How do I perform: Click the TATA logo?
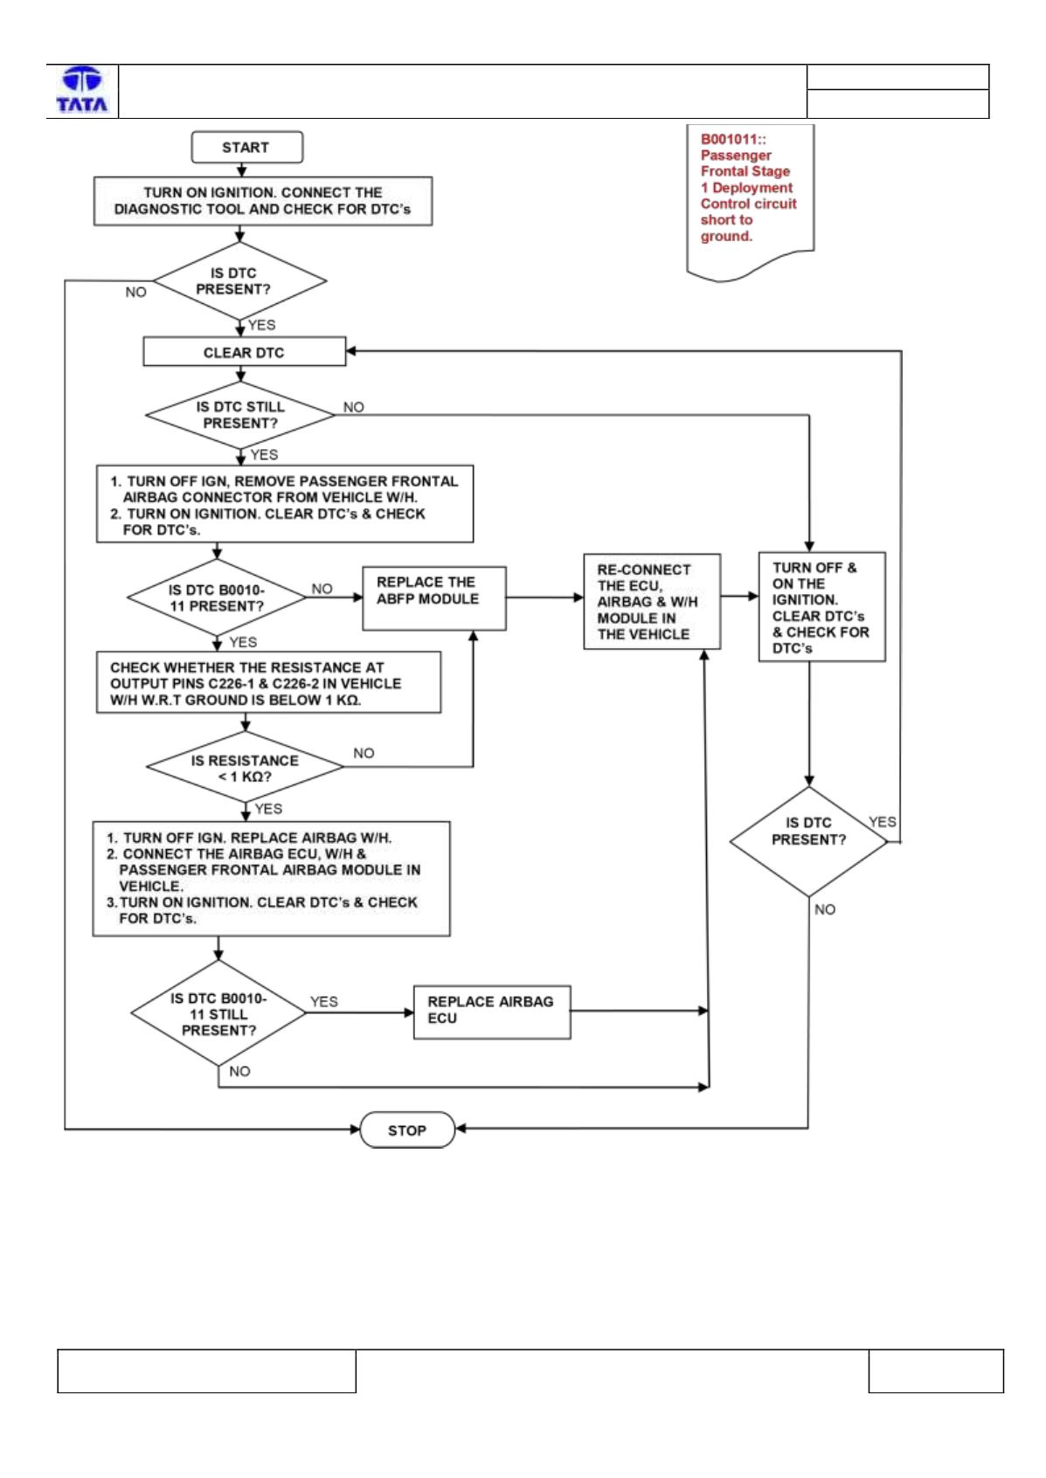tap(82, 90)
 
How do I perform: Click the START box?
tap(246, 147)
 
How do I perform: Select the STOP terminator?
tap(407, 1130)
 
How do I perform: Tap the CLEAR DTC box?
tap(244, 352)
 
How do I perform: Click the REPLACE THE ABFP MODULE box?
tap(434, 597)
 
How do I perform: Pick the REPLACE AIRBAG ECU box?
tap(492, 1012)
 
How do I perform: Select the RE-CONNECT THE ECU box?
tap(651, 602)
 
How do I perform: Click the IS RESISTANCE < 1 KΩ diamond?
tap(245, 767)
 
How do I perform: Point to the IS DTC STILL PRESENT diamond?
tap(240, 415)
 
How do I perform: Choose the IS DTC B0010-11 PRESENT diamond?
tap(217, 597)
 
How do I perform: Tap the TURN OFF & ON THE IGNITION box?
tap(821, 607)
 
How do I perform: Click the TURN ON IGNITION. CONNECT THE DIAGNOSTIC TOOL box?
tap(263, 201)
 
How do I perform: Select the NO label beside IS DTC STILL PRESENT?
tap(354, 407)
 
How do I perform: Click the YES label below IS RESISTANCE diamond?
tap(268, 809)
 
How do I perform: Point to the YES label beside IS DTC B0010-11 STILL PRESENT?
tap(324, 1002)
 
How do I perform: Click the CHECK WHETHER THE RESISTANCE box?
tap(268, 682)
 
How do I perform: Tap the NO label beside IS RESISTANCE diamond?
tap(364, 753)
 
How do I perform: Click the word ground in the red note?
tap(726, 236)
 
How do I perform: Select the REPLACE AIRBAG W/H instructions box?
tap(271, 878)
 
